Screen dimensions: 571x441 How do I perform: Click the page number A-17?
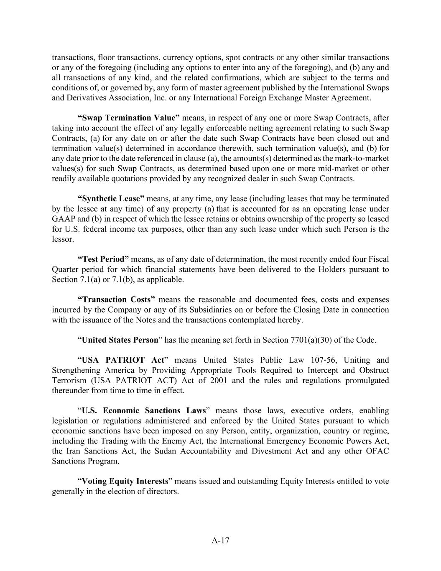(x=220, y=540)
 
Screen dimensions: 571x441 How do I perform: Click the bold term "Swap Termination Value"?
(x=129, y=118)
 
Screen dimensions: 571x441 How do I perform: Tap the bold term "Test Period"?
(x=103, y=259)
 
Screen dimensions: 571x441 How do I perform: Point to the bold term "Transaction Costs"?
(x=117, y=300)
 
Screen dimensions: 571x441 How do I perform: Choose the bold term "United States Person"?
(x=120, y=340)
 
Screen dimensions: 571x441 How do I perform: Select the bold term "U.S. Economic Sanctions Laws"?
(x=144, y=411)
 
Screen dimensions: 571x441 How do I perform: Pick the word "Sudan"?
(x=168, y=451)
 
